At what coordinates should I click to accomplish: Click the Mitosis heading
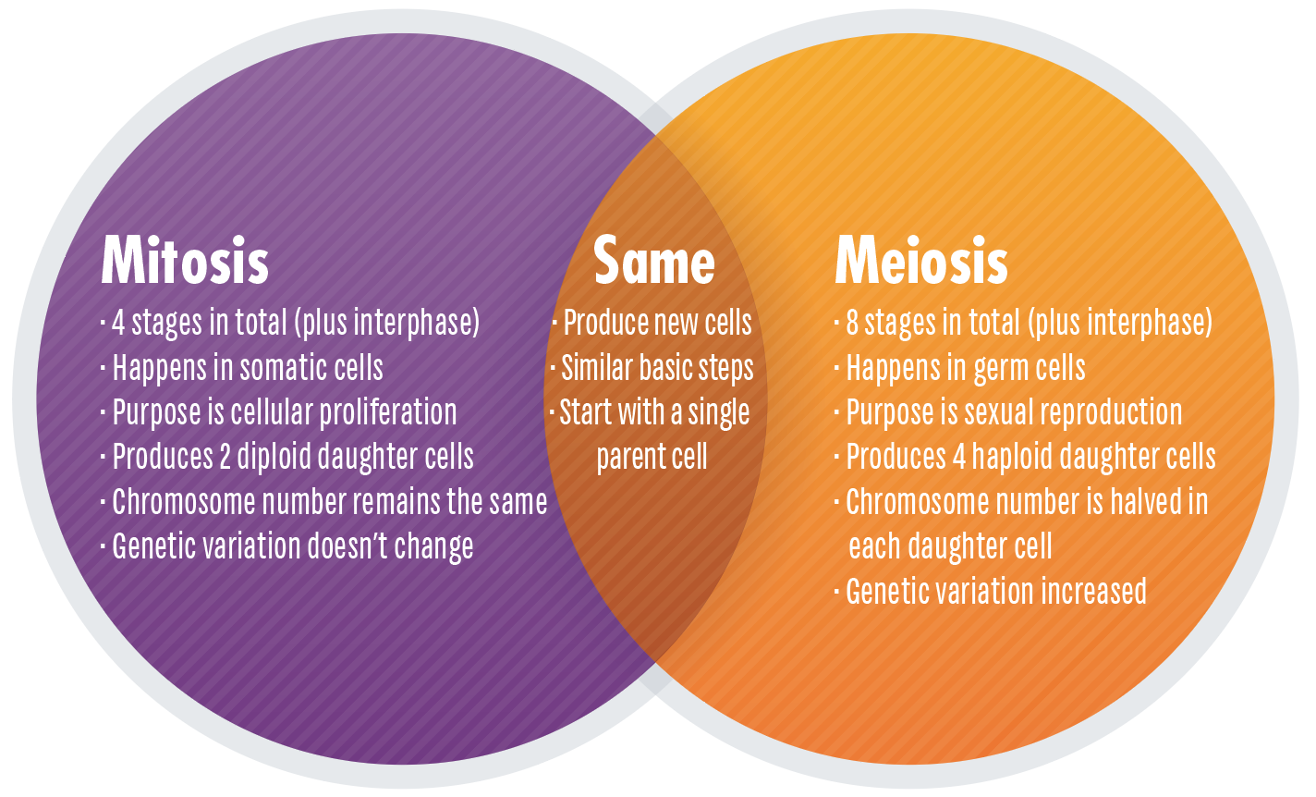point(185,261)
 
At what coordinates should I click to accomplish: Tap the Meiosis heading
point(920,261)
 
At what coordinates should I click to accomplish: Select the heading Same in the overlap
point(654,261)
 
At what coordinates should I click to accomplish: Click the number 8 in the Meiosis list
point(851,323)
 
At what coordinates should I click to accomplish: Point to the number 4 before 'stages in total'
point(118,323)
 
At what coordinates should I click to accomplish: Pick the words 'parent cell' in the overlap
point(652,457)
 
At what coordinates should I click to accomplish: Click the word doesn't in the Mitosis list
point(341,546)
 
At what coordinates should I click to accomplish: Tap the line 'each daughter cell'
point(950,546)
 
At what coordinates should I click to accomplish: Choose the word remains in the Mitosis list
point(392,502)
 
